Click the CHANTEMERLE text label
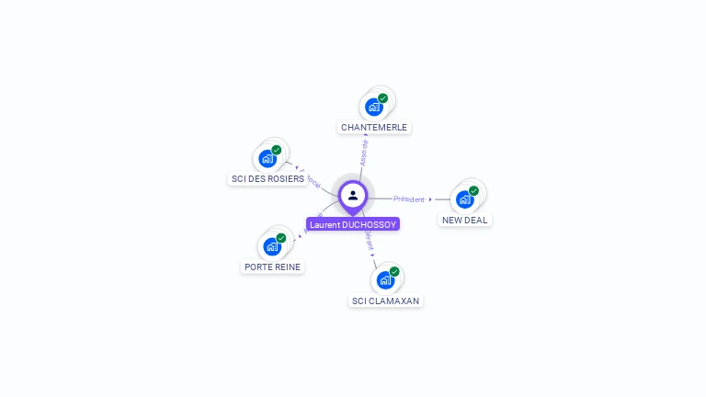(373, 127)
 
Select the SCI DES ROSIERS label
(267, 179)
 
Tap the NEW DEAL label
(464, 220)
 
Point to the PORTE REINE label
(272, 267)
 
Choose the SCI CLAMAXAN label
(386, 301)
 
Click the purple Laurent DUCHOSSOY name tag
(353, 224)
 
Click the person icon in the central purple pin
(353, 195)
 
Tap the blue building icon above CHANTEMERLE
(373, 107)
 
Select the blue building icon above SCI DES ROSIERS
(268, 158)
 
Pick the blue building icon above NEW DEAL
(464, 198)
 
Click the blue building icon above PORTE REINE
(272, 246)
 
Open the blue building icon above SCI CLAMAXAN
(385, 280)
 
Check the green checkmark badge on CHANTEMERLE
(382, 98)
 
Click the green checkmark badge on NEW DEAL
(473, 191)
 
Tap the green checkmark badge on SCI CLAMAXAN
(394, 272)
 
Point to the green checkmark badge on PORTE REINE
(281, 238)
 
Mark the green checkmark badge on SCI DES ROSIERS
(277, 150)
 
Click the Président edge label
(409, 198)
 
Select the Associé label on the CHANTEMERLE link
(365, 153)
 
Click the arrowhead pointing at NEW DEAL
(430, 198)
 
